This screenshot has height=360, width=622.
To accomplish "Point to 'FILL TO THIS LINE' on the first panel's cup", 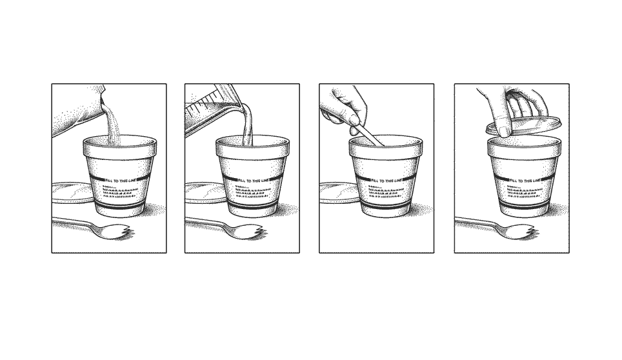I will (121, 181).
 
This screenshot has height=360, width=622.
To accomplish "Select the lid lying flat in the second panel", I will (203, 192).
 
